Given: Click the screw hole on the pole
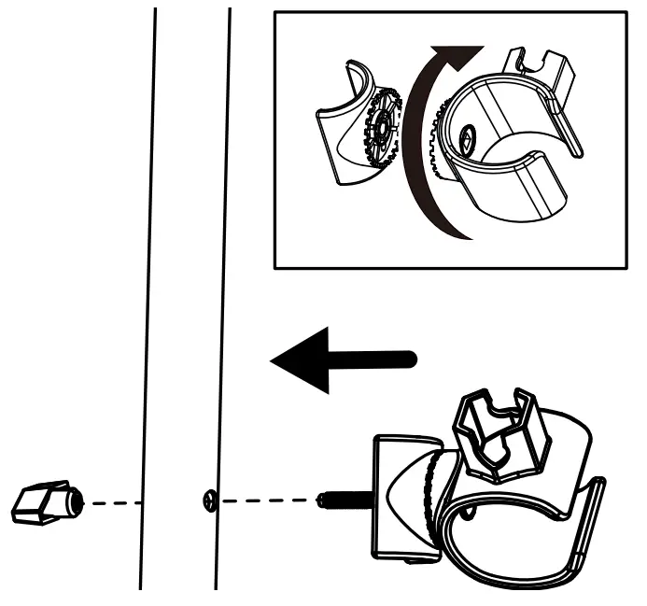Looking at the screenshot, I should (208, 501).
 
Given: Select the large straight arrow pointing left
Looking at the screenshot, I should (341, 359).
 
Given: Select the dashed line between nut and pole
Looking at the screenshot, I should (112, 502).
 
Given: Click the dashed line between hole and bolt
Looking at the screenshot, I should (266, 500).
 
